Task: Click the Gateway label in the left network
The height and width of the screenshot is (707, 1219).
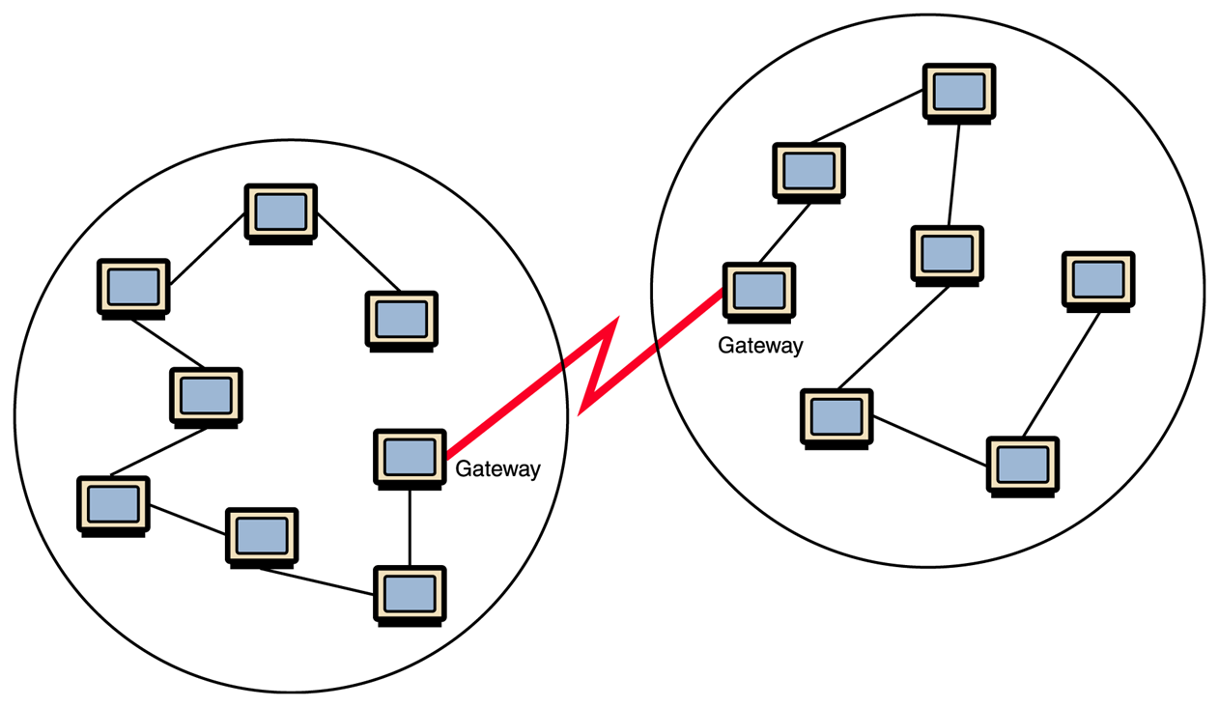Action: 497,469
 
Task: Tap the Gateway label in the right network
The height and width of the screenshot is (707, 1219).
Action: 760,345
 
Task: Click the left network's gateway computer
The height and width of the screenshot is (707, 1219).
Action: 410,457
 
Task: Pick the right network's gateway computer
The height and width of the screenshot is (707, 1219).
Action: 759,290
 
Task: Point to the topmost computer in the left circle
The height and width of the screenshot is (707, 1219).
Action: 280,212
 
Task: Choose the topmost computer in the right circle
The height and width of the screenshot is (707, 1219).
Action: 959,93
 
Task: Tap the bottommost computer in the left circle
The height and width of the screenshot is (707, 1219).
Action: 410,595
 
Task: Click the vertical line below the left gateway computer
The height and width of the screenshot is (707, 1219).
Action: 410,526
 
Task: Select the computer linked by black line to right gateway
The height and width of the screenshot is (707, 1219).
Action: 808,172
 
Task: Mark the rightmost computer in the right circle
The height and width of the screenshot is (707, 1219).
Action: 1098,280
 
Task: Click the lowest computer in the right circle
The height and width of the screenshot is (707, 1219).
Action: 1023,465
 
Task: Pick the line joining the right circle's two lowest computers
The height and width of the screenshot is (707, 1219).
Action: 929,439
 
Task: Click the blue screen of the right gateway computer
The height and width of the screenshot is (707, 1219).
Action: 759,288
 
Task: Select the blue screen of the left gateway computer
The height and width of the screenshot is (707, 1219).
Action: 410,455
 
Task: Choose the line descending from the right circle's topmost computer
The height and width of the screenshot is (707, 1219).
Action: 953,174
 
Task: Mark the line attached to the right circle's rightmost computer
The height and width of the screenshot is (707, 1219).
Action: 1062,374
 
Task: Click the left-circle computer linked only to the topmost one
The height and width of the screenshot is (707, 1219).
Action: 401,319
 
